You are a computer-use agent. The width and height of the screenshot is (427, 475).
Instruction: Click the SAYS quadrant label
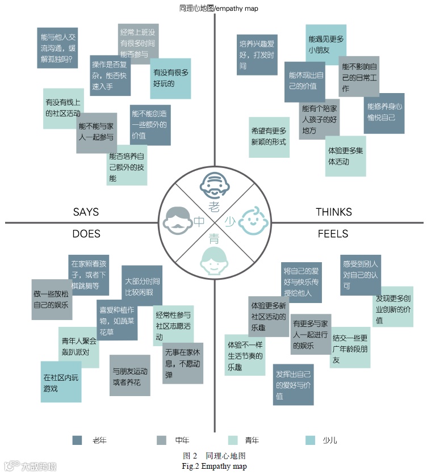coord(86,212)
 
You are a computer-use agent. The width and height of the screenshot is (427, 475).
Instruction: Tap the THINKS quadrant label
coord(334,212)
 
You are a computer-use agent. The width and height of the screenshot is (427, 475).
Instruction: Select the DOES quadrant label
coord(86,234)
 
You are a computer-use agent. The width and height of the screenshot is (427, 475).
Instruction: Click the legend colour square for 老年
coord(78,440)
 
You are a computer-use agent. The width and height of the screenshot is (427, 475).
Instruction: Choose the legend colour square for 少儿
coord(310,440)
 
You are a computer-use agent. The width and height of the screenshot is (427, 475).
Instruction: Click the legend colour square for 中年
coord(161,440)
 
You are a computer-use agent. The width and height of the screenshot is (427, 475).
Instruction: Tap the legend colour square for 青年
coord(233,440)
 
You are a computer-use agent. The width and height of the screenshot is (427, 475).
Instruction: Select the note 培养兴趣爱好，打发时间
coord(257,54)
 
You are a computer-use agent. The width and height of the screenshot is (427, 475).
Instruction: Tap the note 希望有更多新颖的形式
coord(269,137)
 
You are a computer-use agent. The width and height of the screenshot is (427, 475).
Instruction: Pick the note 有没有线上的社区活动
coord(63,108)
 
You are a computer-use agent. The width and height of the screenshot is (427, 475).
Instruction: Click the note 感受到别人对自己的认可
coord(360,275)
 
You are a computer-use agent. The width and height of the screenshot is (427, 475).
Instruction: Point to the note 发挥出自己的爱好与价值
coord(293,384)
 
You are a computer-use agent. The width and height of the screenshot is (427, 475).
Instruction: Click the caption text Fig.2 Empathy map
coord(214,466)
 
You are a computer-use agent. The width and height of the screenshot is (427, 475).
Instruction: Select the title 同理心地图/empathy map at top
coord(214,7)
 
